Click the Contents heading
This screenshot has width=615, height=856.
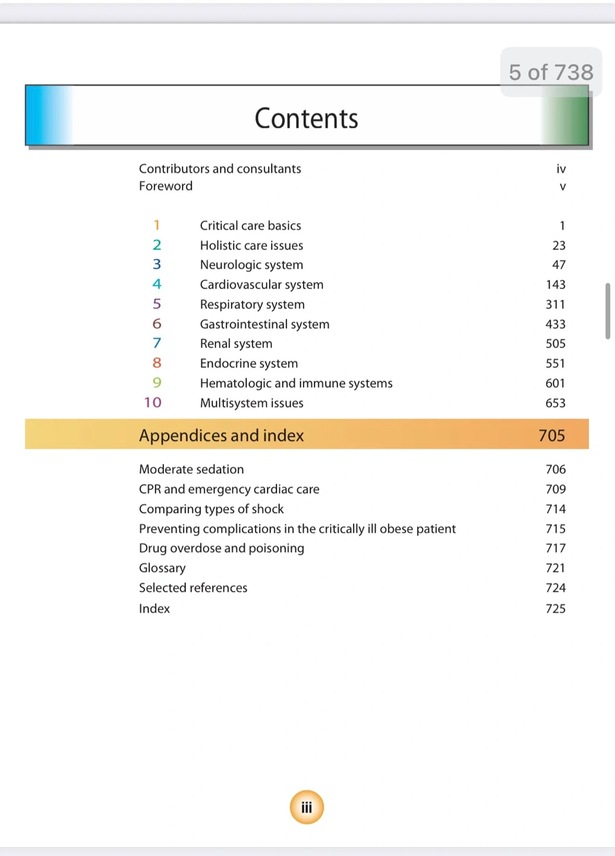click(306, 118)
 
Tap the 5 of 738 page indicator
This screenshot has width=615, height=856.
click(551, 73)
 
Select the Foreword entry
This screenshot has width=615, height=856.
click(166, 186)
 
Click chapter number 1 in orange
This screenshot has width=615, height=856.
click(157, 225)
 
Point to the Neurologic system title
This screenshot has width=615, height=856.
click(251, 265)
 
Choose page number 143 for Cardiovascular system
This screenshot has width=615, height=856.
click(556, 285)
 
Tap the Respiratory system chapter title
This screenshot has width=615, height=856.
click(252, 304)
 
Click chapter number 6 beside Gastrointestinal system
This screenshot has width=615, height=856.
click(157, 324)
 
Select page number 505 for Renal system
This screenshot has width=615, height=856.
click(556, 344)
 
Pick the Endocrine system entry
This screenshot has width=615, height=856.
click(249, 363)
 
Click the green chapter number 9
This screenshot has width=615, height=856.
click(157, 383)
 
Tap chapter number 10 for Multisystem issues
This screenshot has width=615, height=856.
click(153, 402)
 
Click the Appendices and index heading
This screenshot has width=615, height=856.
click(221, 436)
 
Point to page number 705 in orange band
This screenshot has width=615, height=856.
click(551, 436)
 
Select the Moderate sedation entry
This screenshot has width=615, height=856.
click(191, 470)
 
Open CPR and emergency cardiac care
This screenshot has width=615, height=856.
click(229, 489)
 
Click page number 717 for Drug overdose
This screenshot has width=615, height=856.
click(556, 548)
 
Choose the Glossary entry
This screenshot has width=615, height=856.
click(162, 568)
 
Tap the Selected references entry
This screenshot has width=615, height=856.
click(193, 588)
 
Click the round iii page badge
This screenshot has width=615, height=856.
click(307, 807)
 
